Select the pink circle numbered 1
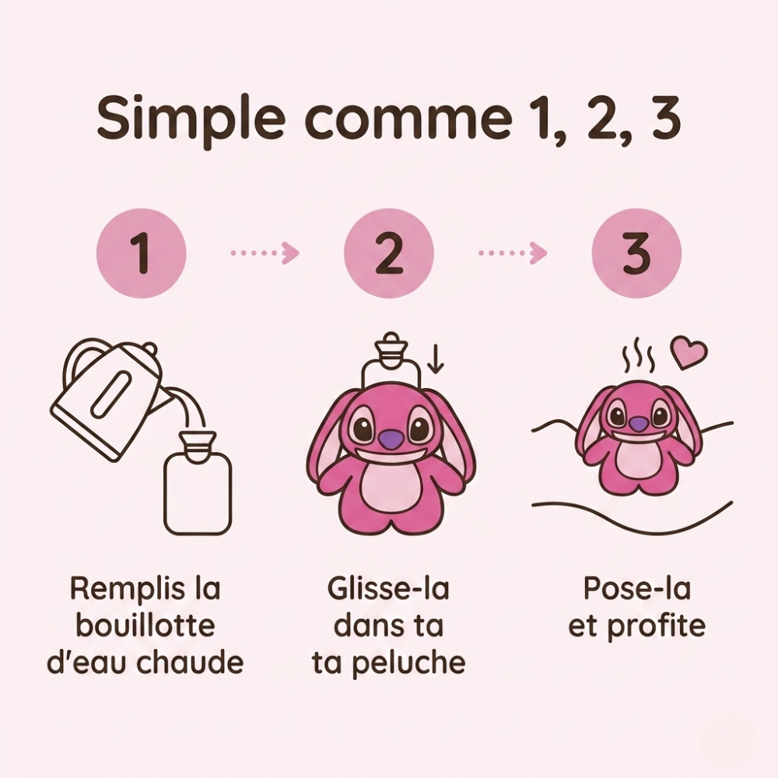coord(141,255)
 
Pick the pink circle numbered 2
coord(389,255)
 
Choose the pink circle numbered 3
coord(636,255)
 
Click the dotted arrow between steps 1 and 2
coord(265,253)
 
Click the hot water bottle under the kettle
coord(198,486)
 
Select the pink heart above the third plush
coord(689,353)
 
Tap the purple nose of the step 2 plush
coord(389,439)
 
